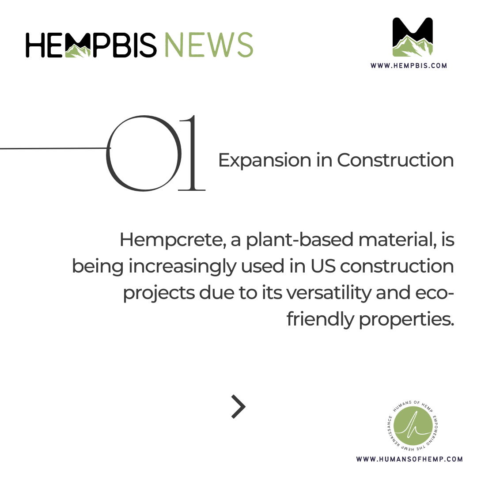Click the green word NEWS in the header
pyautogui.click(x=208, y=45)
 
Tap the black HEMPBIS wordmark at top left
pyautogui.click(x=91, y=45)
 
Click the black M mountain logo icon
pyautogui.click(x=413, y=37)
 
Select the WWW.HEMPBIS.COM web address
pyautogui.click(x=409, y=66)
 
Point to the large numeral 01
pyautogui.click(x=155, y=153)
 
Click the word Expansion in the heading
pyautogui.click(x=265, y=161)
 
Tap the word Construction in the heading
pyautogui.click(x=395, y=160)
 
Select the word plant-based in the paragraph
pyautogui.click(x=299, y=240)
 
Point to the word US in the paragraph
pyautogui.click(x=323, y=266)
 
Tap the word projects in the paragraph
pyautogui.click(x=159, y=293)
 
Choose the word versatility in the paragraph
pyautogui.click(x=329, y=293)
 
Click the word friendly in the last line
pyautogui.click(x=320, y=320)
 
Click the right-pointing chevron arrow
pyautogui.click(x=238, y=407)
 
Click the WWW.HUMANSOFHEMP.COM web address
pyautogui.click(x=409, y=459)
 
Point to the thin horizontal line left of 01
pyautogui.click(x=55, y=148)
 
